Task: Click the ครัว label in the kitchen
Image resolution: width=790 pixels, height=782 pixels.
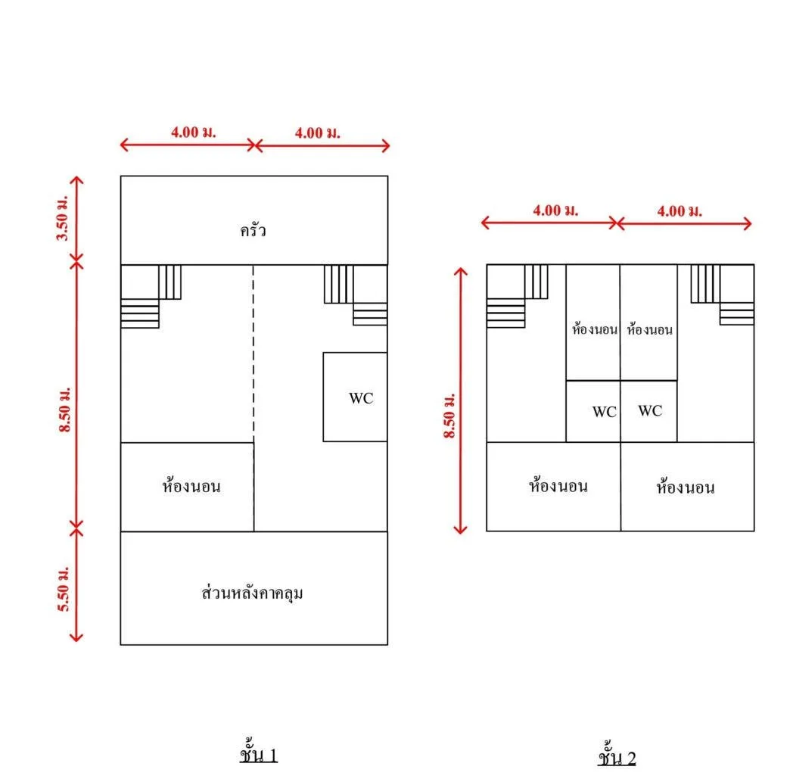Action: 253,230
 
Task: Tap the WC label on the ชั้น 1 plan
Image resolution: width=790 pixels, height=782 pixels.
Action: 361,397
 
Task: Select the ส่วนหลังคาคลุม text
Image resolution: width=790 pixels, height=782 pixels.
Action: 252,593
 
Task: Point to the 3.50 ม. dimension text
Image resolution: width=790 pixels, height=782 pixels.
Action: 62,218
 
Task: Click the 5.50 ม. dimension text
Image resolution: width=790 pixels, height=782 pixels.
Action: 63,589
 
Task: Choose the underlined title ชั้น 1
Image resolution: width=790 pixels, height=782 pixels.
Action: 259,754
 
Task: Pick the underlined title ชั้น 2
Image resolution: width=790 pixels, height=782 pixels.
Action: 617,756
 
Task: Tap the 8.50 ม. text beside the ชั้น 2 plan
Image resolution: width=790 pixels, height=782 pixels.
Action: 449,416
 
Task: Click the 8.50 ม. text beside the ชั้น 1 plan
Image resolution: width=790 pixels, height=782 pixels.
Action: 65,410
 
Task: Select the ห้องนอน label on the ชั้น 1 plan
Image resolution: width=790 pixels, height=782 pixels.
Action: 191,485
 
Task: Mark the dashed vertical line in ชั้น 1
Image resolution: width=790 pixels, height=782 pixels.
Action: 253,354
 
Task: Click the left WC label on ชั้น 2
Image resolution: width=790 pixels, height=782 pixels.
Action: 604,411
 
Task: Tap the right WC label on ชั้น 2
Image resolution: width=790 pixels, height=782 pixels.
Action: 650,410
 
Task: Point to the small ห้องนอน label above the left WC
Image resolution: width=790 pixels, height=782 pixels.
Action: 595,329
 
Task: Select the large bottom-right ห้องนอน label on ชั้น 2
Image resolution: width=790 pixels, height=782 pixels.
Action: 686,486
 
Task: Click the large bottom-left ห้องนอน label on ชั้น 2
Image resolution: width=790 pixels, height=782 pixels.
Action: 558,485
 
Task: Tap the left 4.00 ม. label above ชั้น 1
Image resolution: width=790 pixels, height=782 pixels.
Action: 194,132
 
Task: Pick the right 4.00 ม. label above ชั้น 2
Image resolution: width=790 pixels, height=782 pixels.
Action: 680,210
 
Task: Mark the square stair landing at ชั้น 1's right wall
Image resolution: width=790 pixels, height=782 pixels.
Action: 370,284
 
